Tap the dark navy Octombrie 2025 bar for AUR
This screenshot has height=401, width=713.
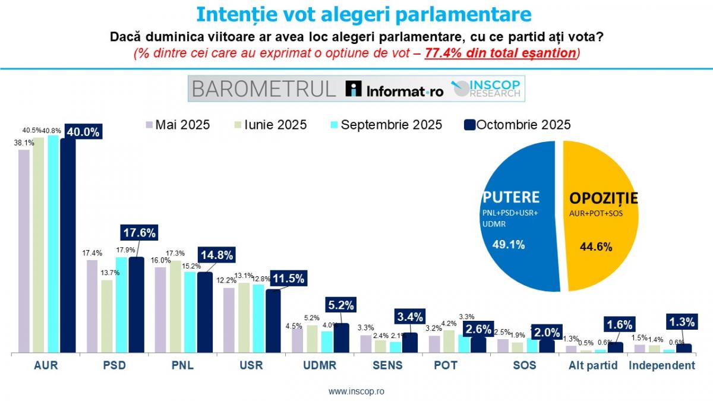point(68,250)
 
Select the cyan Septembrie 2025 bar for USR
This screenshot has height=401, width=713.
point(258,318)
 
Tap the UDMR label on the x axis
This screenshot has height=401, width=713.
point(320,365)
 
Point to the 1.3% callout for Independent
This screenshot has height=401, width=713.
point(683,322)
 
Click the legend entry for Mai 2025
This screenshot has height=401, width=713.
point(178,125)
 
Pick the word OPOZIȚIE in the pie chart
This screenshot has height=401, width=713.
point(603,198)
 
